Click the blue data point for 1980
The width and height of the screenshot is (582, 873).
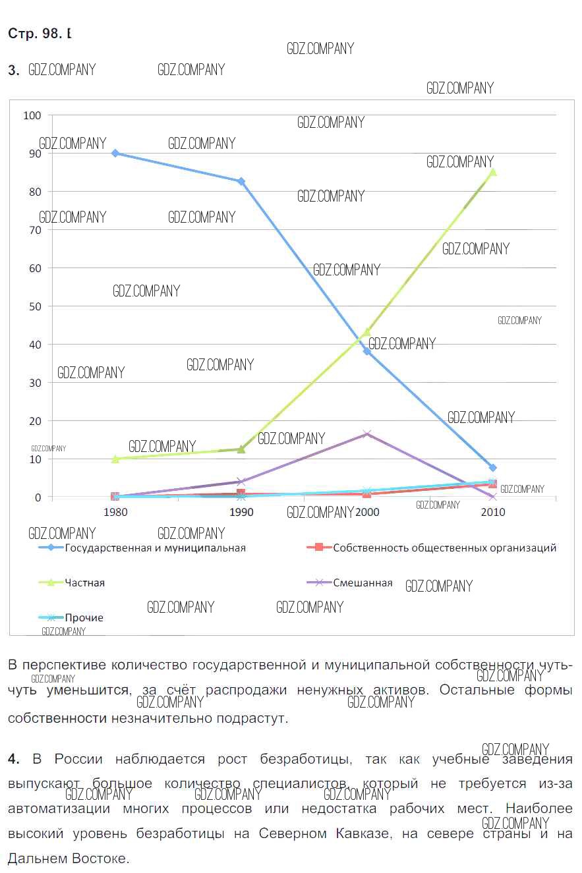point(115,153)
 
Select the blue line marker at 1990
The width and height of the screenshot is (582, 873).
point(241,181)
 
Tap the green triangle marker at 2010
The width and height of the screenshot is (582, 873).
point(492,173)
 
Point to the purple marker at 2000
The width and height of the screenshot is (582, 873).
point(367,434)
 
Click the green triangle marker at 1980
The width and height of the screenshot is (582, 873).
point(115,459)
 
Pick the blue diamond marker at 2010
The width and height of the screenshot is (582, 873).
point(492,468)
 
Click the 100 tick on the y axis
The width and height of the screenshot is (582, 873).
point(32,115)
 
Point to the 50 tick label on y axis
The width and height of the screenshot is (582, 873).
point(35,306)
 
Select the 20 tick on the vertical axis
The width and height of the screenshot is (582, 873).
point(35,421)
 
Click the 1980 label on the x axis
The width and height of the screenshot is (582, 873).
point(116,512)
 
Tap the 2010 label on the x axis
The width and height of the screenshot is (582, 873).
point(493,512)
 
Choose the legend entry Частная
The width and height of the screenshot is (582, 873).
point(84,582)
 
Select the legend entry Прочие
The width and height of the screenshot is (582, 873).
point(84,617)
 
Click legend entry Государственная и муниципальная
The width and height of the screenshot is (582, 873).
point(155,548)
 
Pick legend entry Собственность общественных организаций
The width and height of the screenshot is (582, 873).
point(444,548)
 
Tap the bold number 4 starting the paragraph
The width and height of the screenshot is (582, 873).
point(14,759)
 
